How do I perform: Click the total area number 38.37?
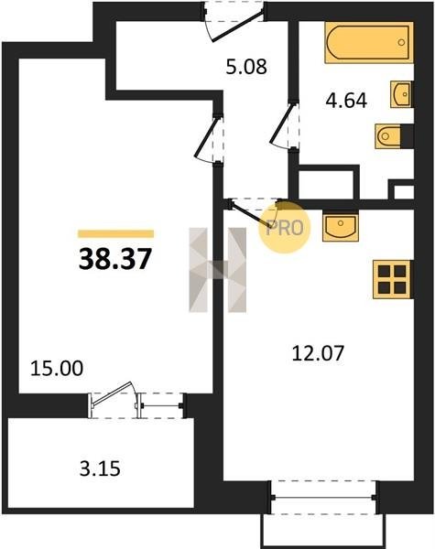coord(115,259)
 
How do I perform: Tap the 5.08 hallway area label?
coord(246,67)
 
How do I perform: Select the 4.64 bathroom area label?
coord(346,101)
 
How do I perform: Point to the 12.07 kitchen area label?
coord(319,353)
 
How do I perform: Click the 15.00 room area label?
coord(57,369)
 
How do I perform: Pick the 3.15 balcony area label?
coord(100,468)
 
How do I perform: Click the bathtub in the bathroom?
coord(369,43)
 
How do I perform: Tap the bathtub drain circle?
coord(401,42)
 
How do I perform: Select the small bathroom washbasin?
coord(401,94)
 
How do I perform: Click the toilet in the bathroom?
coord(387,136)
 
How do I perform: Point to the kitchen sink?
coord(341,228)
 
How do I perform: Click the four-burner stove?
coord(392,279)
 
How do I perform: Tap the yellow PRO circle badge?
coord(285,227)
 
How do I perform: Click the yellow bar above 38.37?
coord(115,234)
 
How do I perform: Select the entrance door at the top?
coord(233,21)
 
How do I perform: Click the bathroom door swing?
coord(284,125)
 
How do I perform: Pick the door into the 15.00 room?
coord(209,139)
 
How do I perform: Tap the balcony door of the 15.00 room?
coord(112,400)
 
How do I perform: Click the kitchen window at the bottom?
coord(323,497)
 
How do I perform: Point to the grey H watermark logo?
coord(217,270)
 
